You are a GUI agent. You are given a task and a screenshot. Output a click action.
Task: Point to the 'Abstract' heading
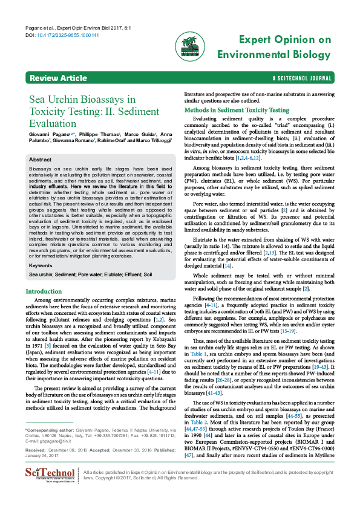tap(41, 159)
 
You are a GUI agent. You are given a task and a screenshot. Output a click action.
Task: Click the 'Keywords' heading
tap(41, 265)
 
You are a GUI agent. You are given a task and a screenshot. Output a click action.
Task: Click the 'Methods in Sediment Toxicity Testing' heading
tap(237, 111)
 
